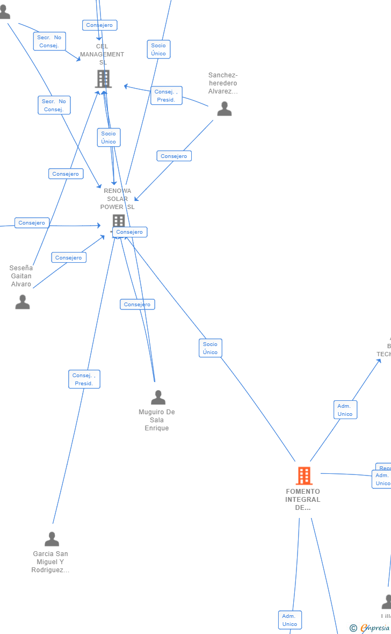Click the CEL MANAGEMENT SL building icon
[103, 79]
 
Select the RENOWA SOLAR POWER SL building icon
[119, 221]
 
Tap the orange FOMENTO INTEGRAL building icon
[304, 475]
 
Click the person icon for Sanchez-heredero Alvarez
[225, 109]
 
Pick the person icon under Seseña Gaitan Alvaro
[23, 302]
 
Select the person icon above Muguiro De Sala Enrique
[158, 398]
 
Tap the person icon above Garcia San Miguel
[52, 539]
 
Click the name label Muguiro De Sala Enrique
[157, 420]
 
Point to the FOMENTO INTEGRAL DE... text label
[303, 500]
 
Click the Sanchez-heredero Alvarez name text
[223, 83]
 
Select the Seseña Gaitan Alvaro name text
[21, 276]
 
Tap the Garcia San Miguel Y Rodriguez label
[50, 562]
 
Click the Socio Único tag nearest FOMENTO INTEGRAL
[211, 348]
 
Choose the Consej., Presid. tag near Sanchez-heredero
[166, 96]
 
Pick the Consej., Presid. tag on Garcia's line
[84, 379]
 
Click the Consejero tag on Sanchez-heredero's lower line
[174, 156]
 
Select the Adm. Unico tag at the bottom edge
[290, 620]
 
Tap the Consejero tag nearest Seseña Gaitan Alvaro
[69, 257]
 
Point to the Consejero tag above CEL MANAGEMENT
[99, 25]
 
